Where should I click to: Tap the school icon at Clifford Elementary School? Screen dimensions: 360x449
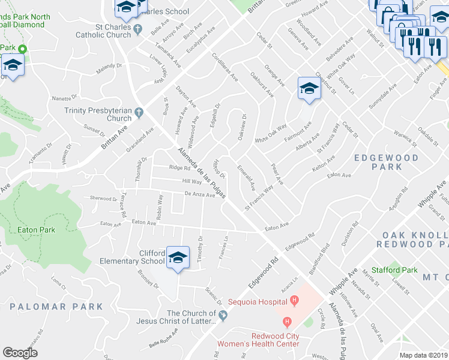pyautogui.click(x=178, y=257)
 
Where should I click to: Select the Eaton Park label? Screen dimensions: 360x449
pyautogui.click(x=36, y=230)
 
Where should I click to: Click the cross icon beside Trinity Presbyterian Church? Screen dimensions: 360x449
pyautogui.click(x=139, y=112)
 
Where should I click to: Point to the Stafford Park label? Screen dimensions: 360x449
pyautogui.click(x=394, y=270)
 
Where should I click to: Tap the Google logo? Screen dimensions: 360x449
pyautogui.click(x=20, y=352)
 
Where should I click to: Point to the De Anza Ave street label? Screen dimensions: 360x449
pyautogui.click(x=199, y=194)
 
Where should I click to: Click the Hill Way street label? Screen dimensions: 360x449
pyautogui.click(x=191, y=181)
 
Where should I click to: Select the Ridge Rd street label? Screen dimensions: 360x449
pyautogui.click(x=179, y=168)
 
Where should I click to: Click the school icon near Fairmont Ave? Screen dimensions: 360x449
pyautogui.click(x=309, y=89)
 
